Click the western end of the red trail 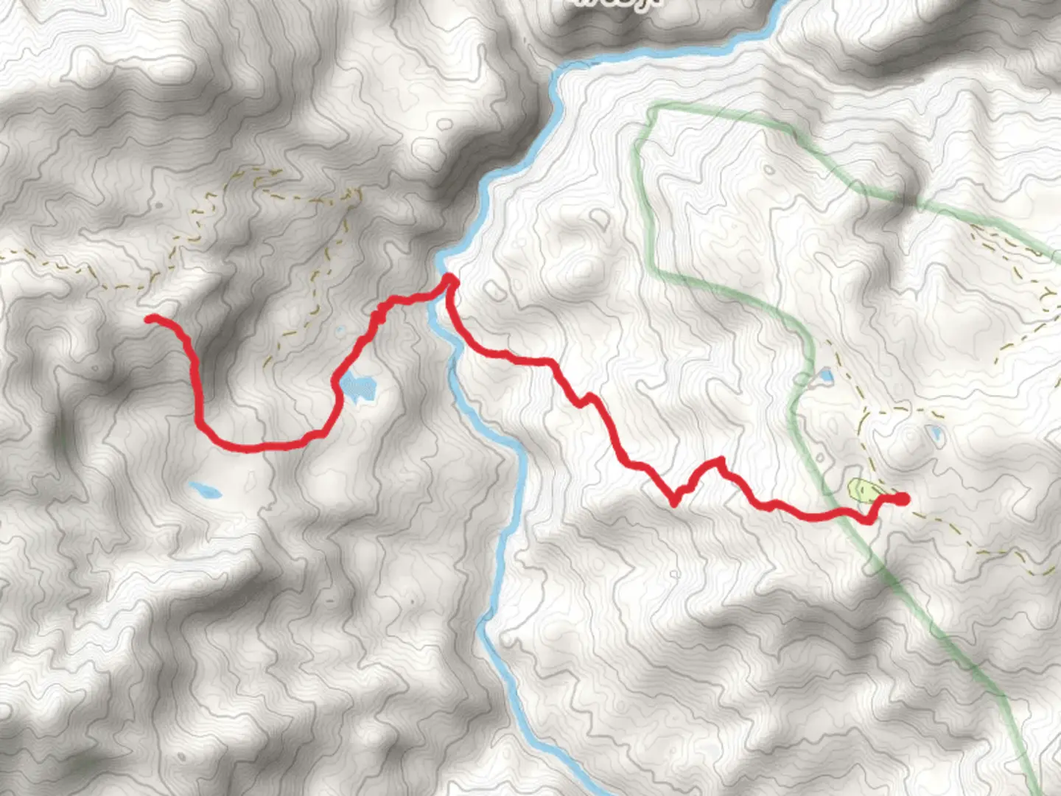point(150,318)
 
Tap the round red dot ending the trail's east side point(902,499)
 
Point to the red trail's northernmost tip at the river point(449,279)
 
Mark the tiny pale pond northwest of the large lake point(340,332)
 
